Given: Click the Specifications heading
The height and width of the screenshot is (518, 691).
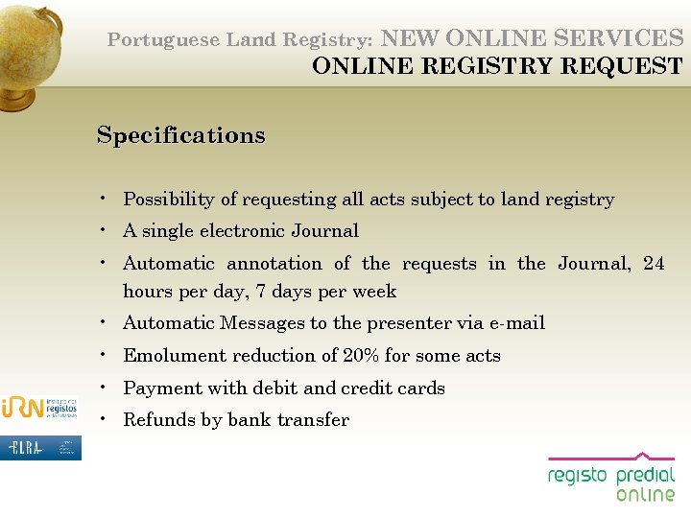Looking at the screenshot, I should (180, 135).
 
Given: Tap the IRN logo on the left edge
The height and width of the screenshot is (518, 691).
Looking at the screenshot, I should (40, 407).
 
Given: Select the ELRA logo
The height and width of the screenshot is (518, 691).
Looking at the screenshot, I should (40, 447).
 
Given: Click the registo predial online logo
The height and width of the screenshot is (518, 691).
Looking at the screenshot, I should (611, 478).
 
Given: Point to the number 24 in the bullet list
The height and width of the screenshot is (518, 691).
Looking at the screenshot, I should (653, 264).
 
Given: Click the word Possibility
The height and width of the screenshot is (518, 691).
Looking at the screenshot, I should (168, 200).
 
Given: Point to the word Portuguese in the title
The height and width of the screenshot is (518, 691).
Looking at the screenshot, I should (163, 40).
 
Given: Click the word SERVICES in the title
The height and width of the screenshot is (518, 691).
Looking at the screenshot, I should (627, 38).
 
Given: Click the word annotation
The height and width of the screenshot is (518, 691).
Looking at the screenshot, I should (274, 264).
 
